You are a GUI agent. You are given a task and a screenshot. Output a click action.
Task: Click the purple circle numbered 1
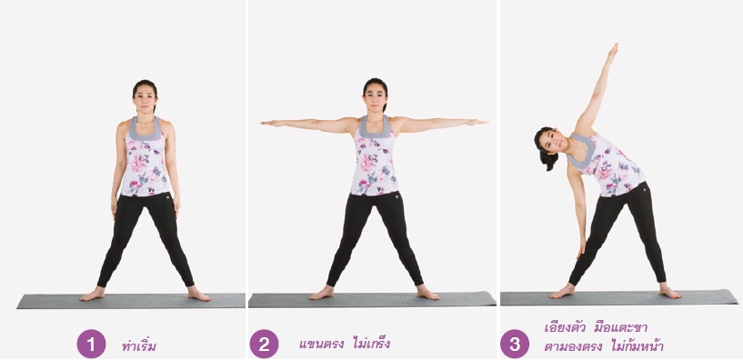coord(91,344)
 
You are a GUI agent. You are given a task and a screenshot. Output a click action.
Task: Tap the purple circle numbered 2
coord(264,344)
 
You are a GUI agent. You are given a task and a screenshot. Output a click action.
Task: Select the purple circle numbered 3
coord(515,344)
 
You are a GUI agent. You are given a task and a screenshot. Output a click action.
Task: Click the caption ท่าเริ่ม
coord(139,345)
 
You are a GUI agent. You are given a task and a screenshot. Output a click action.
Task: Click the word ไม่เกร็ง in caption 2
coord(371,342)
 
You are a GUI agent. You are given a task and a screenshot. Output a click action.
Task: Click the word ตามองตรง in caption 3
coord(573,346)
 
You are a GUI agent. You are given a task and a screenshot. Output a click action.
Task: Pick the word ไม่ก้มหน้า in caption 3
coord(638,345)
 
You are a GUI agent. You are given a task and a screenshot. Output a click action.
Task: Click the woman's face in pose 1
coord(145,99)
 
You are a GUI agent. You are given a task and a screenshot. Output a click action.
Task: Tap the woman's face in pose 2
coord(375,97)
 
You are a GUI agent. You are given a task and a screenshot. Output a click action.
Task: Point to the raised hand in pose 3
coord(612,53)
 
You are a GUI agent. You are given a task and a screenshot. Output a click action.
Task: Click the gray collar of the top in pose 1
coord(145,129)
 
